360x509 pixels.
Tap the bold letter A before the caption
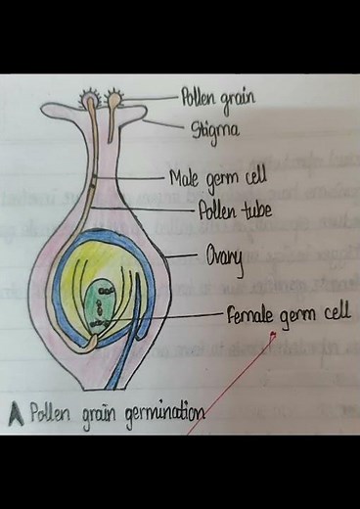16,411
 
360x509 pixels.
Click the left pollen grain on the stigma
89,99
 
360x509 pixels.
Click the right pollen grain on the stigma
116,98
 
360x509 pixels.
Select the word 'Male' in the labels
183,178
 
